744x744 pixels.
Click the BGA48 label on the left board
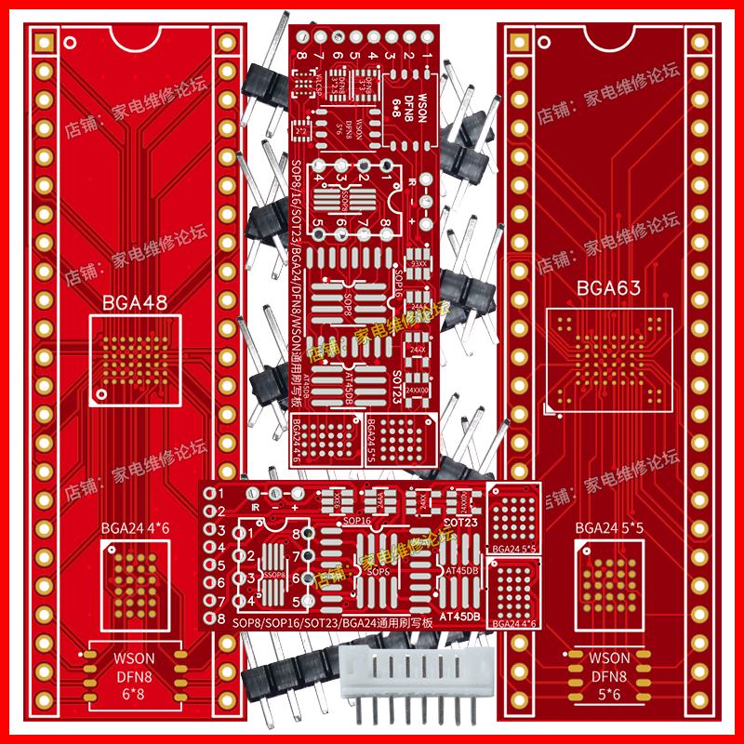(136, 302)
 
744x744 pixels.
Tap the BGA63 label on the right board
(609, 289)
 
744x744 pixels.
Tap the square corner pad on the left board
(42, 42)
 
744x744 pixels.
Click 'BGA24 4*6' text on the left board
(136, 529)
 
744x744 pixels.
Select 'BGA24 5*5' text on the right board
(609, 528)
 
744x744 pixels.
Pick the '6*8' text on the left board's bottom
(134, 694)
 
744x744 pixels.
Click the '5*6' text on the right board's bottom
(609, 694)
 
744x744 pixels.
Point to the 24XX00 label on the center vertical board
(418, 391)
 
